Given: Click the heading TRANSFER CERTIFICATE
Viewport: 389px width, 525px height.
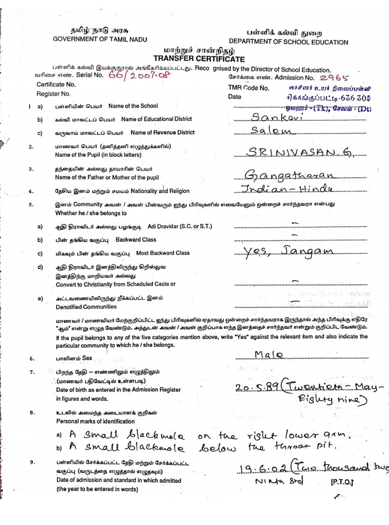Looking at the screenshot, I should coord(199,59).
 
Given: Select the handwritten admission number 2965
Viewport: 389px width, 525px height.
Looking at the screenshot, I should coord(334,77).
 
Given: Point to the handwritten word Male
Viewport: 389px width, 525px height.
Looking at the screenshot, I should coord(269,354).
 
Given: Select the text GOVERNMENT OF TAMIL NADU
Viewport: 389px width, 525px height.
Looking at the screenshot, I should coord(100,39).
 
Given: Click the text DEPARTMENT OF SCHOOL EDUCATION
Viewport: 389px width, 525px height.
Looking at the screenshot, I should coord(288,42).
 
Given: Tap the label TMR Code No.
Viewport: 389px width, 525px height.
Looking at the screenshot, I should coord(249,88).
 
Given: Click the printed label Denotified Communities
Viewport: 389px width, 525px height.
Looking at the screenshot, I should coord(86,307).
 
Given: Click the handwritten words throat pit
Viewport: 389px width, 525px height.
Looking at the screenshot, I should coord(294,447).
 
